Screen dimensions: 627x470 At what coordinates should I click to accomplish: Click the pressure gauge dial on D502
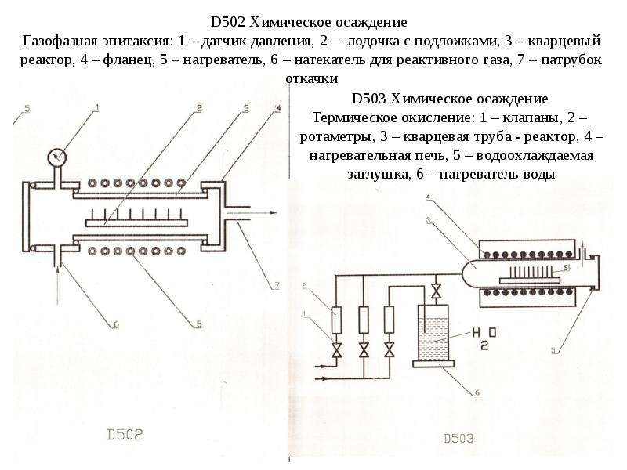click(56, 157)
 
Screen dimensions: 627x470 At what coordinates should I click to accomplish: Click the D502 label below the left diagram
click(125, 435)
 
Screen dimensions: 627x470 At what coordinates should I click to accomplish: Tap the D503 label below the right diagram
click(458, 439)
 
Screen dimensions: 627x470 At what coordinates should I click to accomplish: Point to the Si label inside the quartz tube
click(566, 268)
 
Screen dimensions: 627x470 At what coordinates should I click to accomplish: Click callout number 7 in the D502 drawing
click(277, 285)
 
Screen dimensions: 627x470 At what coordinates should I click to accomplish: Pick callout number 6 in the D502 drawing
click(116, 325)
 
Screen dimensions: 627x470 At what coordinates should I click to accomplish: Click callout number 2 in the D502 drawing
click(199, 108)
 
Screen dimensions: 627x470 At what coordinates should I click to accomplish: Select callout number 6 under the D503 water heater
click(477, 393)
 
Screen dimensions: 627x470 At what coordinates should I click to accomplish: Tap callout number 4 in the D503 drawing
click(428, 197)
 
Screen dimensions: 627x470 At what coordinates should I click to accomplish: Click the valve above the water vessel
click(437, 291)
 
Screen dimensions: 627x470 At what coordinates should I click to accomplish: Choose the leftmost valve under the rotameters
click(337, 350)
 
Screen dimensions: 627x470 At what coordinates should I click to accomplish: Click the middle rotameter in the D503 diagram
click(364, 320)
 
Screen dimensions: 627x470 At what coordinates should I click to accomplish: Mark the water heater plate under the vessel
click(433, 363)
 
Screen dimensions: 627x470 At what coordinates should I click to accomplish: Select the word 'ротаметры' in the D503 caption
click(336, 136)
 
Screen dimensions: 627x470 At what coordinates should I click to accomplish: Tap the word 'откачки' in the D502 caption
click(312, 79)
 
